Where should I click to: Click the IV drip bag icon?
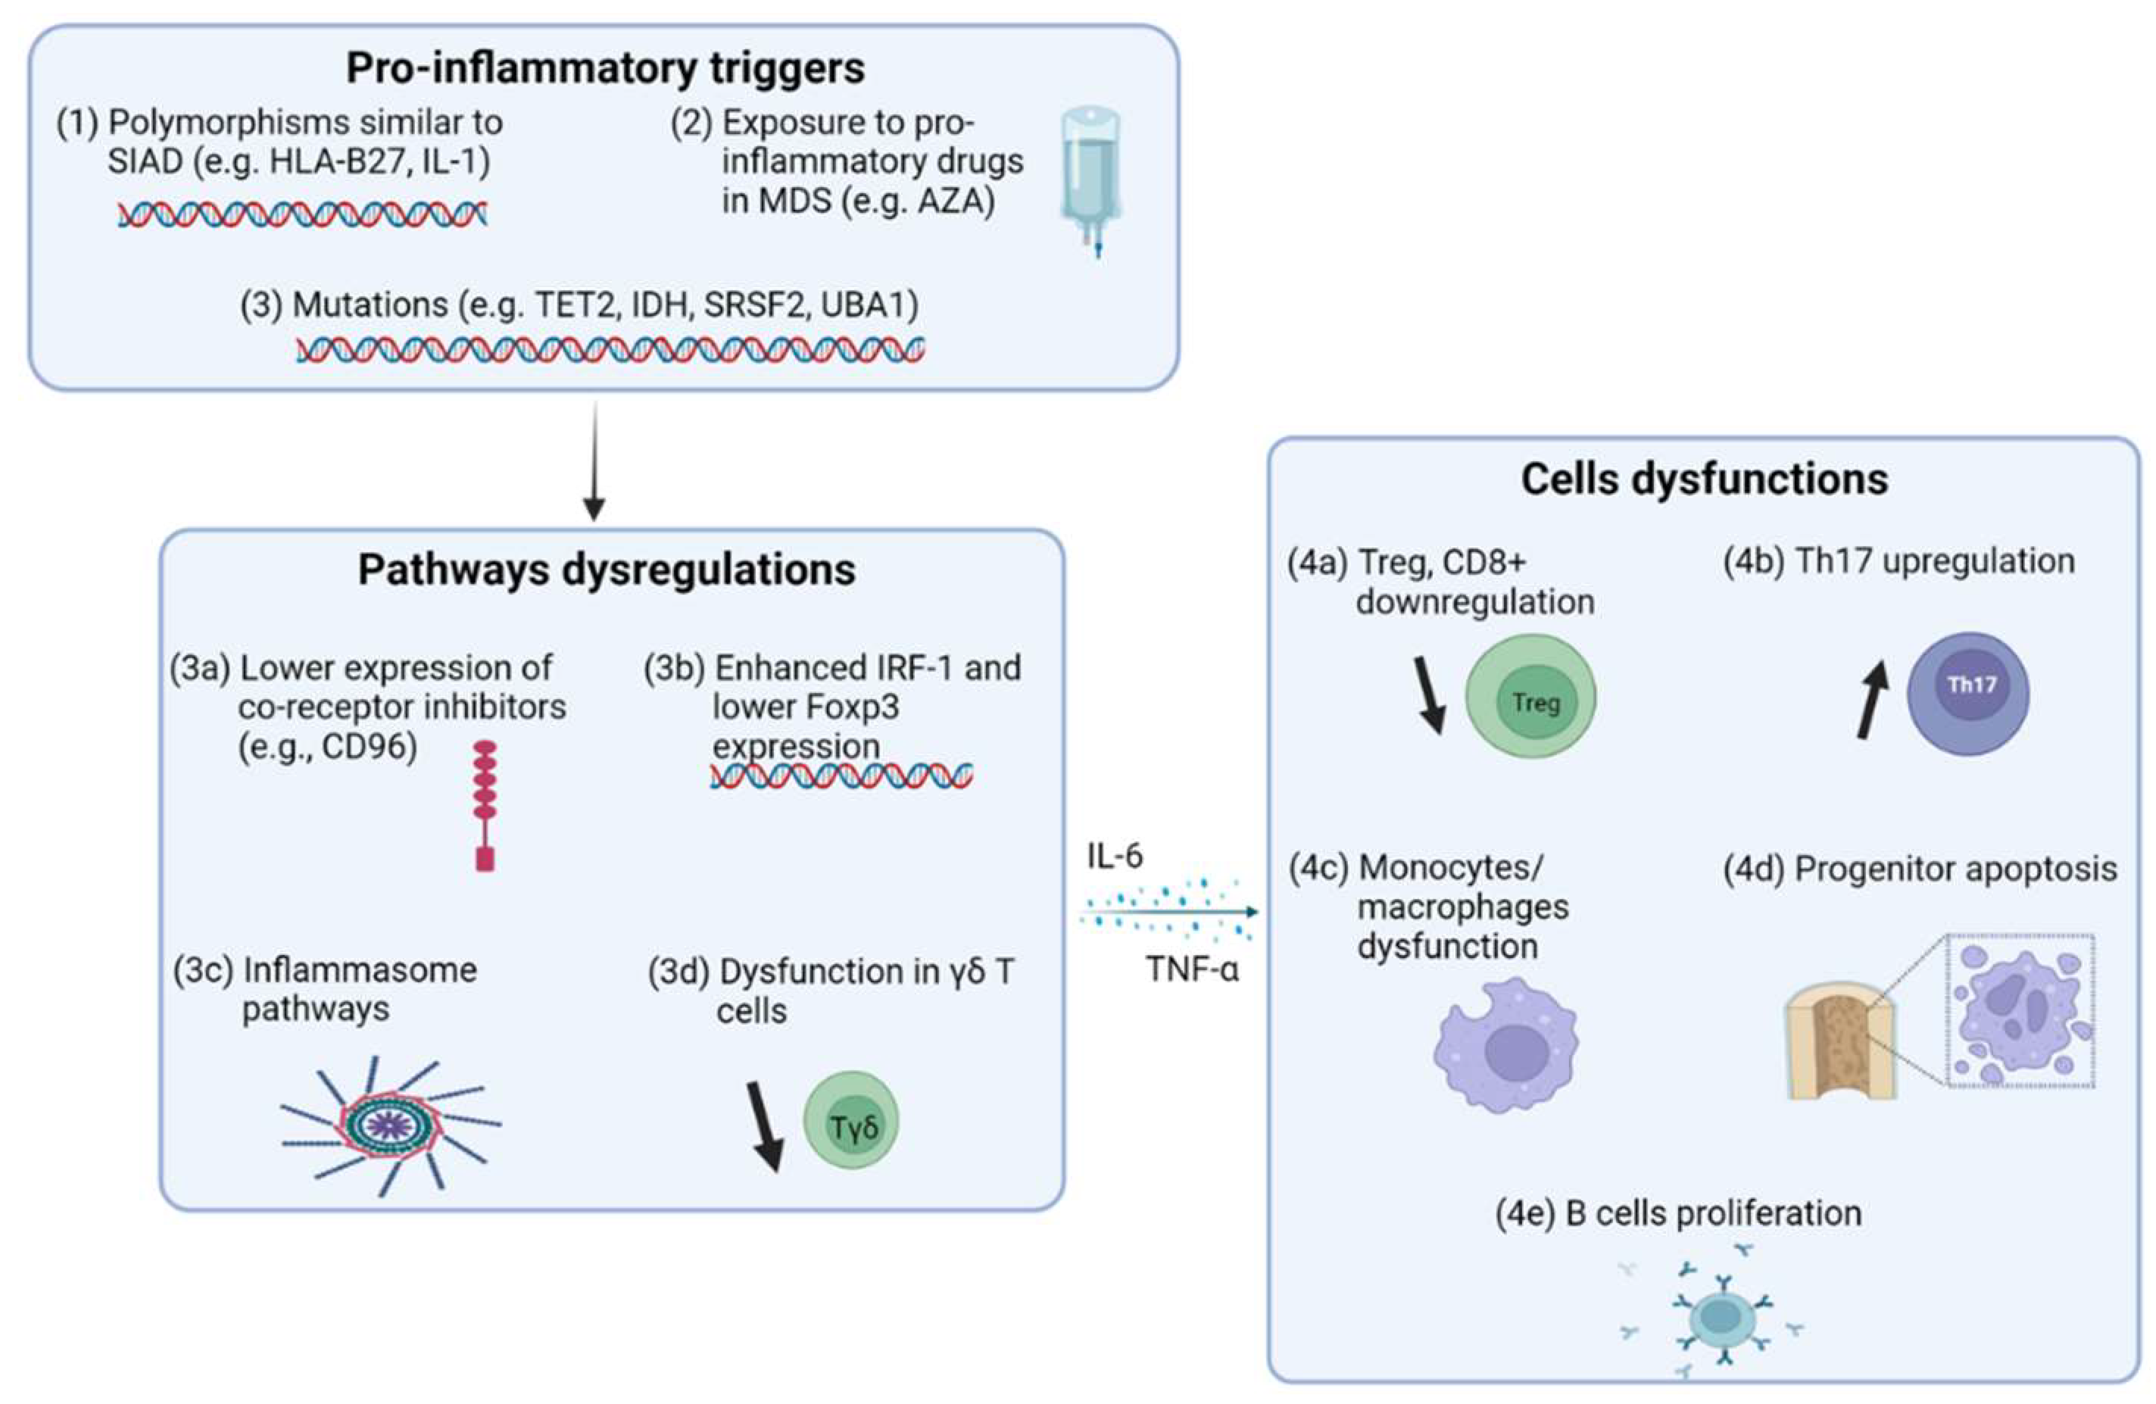pos(1090,176)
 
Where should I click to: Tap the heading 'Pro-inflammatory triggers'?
pos(605,68)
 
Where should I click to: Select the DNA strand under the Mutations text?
pos(610,350)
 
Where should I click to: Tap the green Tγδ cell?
pos(850,1121)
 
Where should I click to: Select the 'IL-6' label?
pos(1114,856)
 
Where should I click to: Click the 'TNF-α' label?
pos(1191,970)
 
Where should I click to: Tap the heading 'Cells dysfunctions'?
pos(1704,479)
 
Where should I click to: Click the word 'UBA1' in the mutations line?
pos(869,305)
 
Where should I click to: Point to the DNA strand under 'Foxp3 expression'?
pos(841,776)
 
